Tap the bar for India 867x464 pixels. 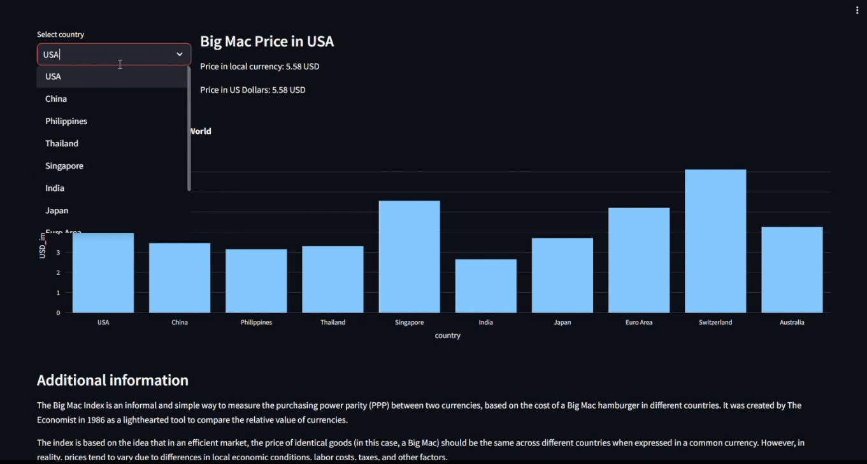click(x=485, y=286)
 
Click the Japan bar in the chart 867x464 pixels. click(x=562, y=275)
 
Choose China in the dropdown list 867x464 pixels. click(x=56, y=99)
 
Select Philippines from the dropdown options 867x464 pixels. click(x=66, y=121)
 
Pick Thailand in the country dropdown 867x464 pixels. click(x=62, y=143)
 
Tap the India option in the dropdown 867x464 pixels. click(x=55, y=188)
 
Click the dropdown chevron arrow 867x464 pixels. click(x=180, y=55)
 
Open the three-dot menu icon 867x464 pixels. click(x=857, y=10)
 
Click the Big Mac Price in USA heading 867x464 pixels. click(x=267, y=41)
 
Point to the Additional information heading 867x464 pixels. click(x=113, y=380)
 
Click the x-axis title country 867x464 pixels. click(x=448, y=335)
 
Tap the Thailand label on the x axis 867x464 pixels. click(x=333, y=322)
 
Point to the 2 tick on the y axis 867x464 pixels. click(x=58, y=272)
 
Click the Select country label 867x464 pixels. click(x=61, y=34)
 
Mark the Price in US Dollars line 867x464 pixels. click(x=253, y=90)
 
